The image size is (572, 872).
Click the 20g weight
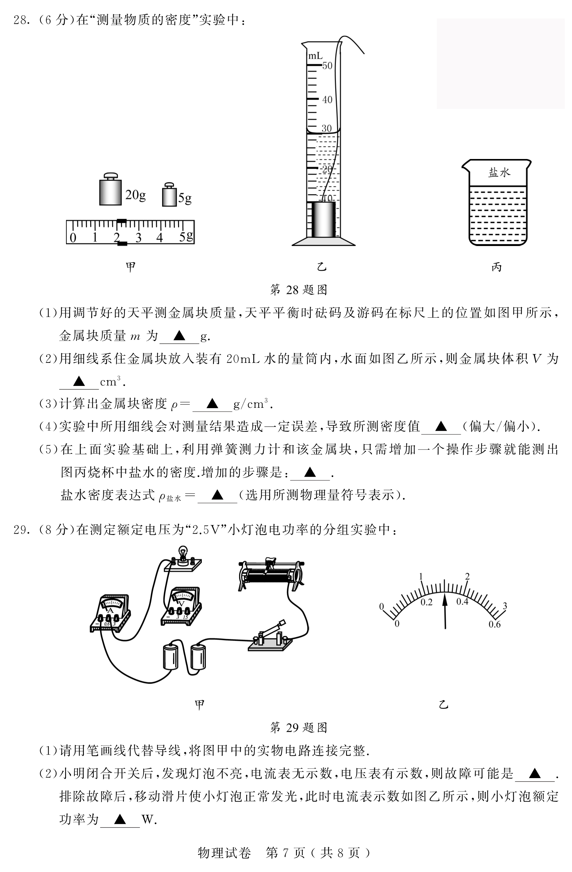point(110,190)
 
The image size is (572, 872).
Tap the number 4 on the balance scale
point(160,238)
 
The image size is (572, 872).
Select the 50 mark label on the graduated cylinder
point(327,66)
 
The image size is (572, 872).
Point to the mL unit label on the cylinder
point(315,56)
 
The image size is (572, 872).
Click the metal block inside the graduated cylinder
point(323,220)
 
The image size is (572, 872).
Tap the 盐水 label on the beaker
point(499,172)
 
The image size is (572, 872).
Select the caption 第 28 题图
point(299,290)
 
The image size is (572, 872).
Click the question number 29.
point(21,530)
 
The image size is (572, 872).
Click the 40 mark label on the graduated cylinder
point(327,100)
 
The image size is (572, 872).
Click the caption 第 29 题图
point(299,727)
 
